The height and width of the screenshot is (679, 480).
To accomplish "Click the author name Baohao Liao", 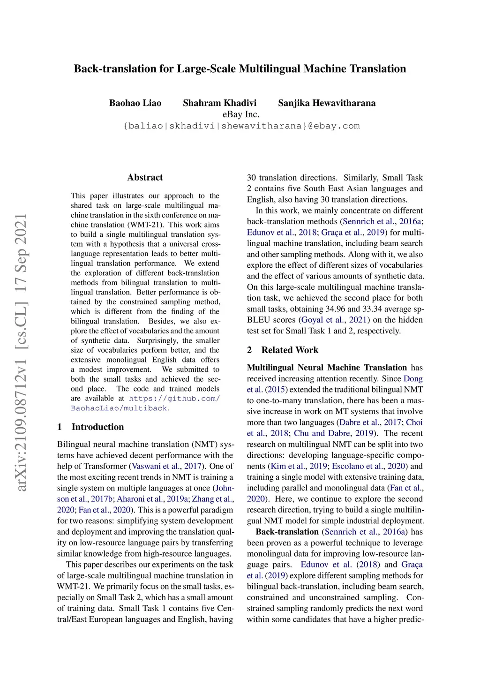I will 135,103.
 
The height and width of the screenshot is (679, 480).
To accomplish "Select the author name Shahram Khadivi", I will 219,103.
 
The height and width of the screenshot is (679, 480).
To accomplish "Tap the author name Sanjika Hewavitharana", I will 327,103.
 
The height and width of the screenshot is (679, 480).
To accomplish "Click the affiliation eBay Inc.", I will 240,114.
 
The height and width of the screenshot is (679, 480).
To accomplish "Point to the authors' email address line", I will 241,126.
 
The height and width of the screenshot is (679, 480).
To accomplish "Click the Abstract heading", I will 145,177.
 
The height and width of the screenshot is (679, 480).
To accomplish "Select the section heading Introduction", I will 97,427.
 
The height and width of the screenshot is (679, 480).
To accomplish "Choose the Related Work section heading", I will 290,350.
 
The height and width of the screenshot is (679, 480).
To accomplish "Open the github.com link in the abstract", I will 174,399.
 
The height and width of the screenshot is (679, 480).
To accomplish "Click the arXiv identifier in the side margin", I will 21,352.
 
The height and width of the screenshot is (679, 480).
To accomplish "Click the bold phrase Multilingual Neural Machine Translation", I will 327,368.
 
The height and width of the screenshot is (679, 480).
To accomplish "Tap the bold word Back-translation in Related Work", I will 287,532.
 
